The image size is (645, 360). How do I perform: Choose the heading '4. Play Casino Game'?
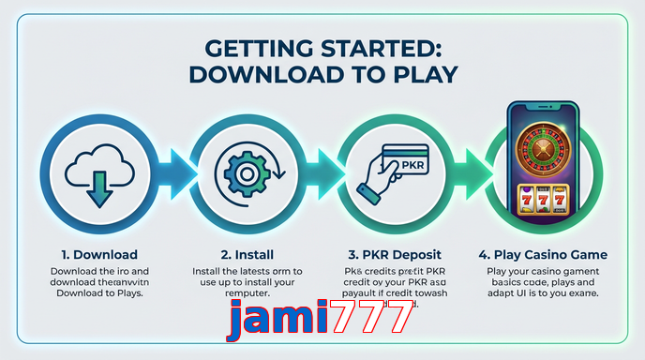click(x=542, y=254)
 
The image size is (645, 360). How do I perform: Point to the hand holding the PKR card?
click(x=380, y=183)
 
